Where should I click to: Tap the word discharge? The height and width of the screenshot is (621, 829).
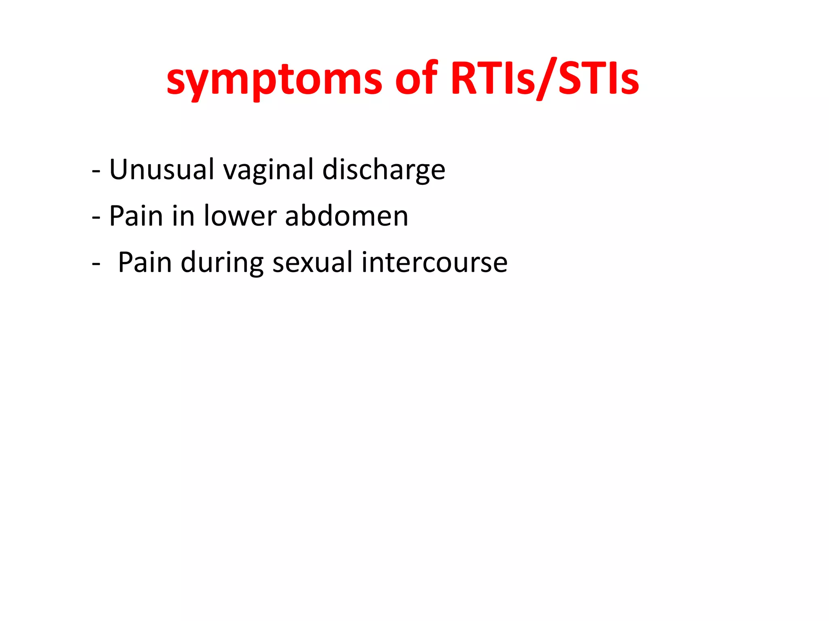coord(384,170)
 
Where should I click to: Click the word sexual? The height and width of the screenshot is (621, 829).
coord(312,262)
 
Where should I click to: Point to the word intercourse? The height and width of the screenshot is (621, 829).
coord(434,262)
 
